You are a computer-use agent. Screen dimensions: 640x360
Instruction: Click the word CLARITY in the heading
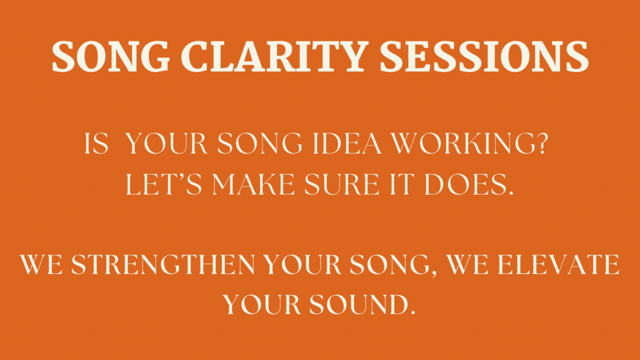[x=274, y=57]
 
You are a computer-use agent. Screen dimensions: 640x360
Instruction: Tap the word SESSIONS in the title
[x=484, y=57]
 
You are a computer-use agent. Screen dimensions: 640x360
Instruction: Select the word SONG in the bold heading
[x=111, y=57]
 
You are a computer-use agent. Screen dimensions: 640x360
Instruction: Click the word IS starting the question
[x=96, y=143]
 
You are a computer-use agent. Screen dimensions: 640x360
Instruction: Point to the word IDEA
[x=347, y=143]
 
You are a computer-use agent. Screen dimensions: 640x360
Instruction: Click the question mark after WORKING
[x=542, y=143]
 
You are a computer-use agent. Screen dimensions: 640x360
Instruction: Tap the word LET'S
[x=164, y=184]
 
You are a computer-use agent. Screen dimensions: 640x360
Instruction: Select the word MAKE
[x=253, y=184]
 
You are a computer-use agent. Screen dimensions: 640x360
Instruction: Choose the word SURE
[x=341, y=184]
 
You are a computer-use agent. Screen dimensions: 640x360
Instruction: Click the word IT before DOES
[x=402, y=184]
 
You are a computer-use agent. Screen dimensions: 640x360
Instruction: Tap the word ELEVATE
[x=558, y=264]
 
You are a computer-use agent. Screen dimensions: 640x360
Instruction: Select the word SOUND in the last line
[x=359, y=305]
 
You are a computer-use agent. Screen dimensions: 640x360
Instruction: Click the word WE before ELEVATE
[x=467, y=264]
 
